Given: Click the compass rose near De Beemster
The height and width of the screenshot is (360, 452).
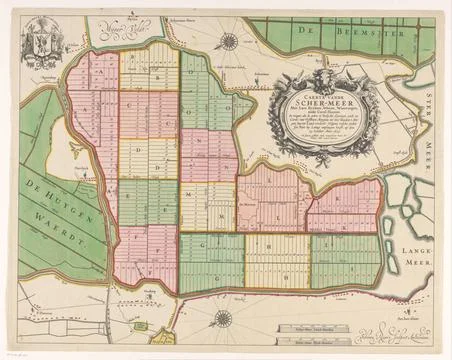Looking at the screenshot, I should click(230, 42).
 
